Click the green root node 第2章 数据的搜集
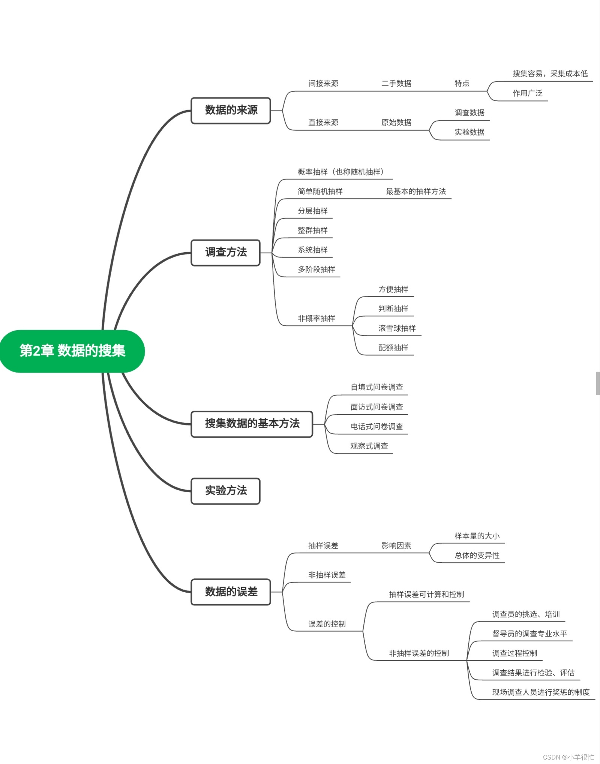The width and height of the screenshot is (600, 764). click(72, 351)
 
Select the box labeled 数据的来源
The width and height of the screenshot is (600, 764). click(231, 110)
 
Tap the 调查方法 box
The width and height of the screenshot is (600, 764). click(225, 252)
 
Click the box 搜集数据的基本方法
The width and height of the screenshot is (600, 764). click(252, 424)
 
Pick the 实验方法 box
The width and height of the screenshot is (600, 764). click(225, 491)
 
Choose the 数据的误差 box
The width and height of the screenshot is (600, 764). click(231, 592)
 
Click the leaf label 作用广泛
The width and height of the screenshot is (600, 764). click(527, 93)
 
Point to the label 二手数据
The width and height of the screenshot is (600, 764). click(396, 84)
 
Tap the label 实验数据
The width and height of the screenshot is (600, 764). click(469, 132)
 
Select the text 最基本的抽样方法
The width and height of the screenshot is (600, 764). click(415, 192)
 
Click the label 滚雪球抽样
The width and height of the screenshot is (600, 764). click(397, 328)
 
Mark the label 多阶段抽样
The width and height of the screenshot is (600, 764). click(316, 270)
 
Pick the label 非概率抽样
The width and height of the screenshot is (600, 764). click(316, 319)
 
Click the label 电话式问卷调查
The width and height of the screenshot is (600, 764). click(376, 427)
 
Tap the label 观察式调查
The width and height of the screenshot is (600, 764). click(369, 446)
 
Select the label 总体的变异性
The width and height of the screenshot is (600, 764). click(477, 556)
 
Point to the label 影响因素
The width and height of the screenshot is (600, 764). click(396, 546)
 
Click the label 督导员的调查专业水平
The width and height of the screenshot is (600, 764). click(529, 634)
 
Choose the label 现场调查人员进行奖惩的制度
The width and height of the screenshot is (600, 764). click(540, 692)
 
